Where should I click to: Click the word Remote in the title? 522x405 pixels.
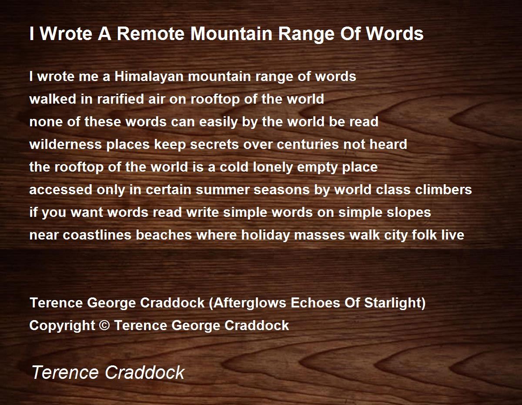pos(151,34)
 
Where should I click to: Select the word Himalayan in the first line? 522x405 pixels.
pos(149,77)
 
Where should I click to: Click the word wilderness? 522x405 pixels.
pos(65,144)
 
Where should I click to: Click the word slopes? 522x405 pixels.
pos(408,213)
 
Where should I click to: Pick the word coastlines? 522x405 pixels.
pos(97,235)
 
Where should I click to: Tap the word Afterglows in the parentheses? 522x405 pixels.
pos(250,303)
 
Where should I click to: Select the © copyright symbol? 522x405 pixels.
pos(104,326)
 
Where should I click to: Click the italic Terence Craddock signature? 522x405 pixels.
pos(108,372)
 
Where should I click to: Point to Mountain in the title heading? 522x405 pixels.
pos(231,34)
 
